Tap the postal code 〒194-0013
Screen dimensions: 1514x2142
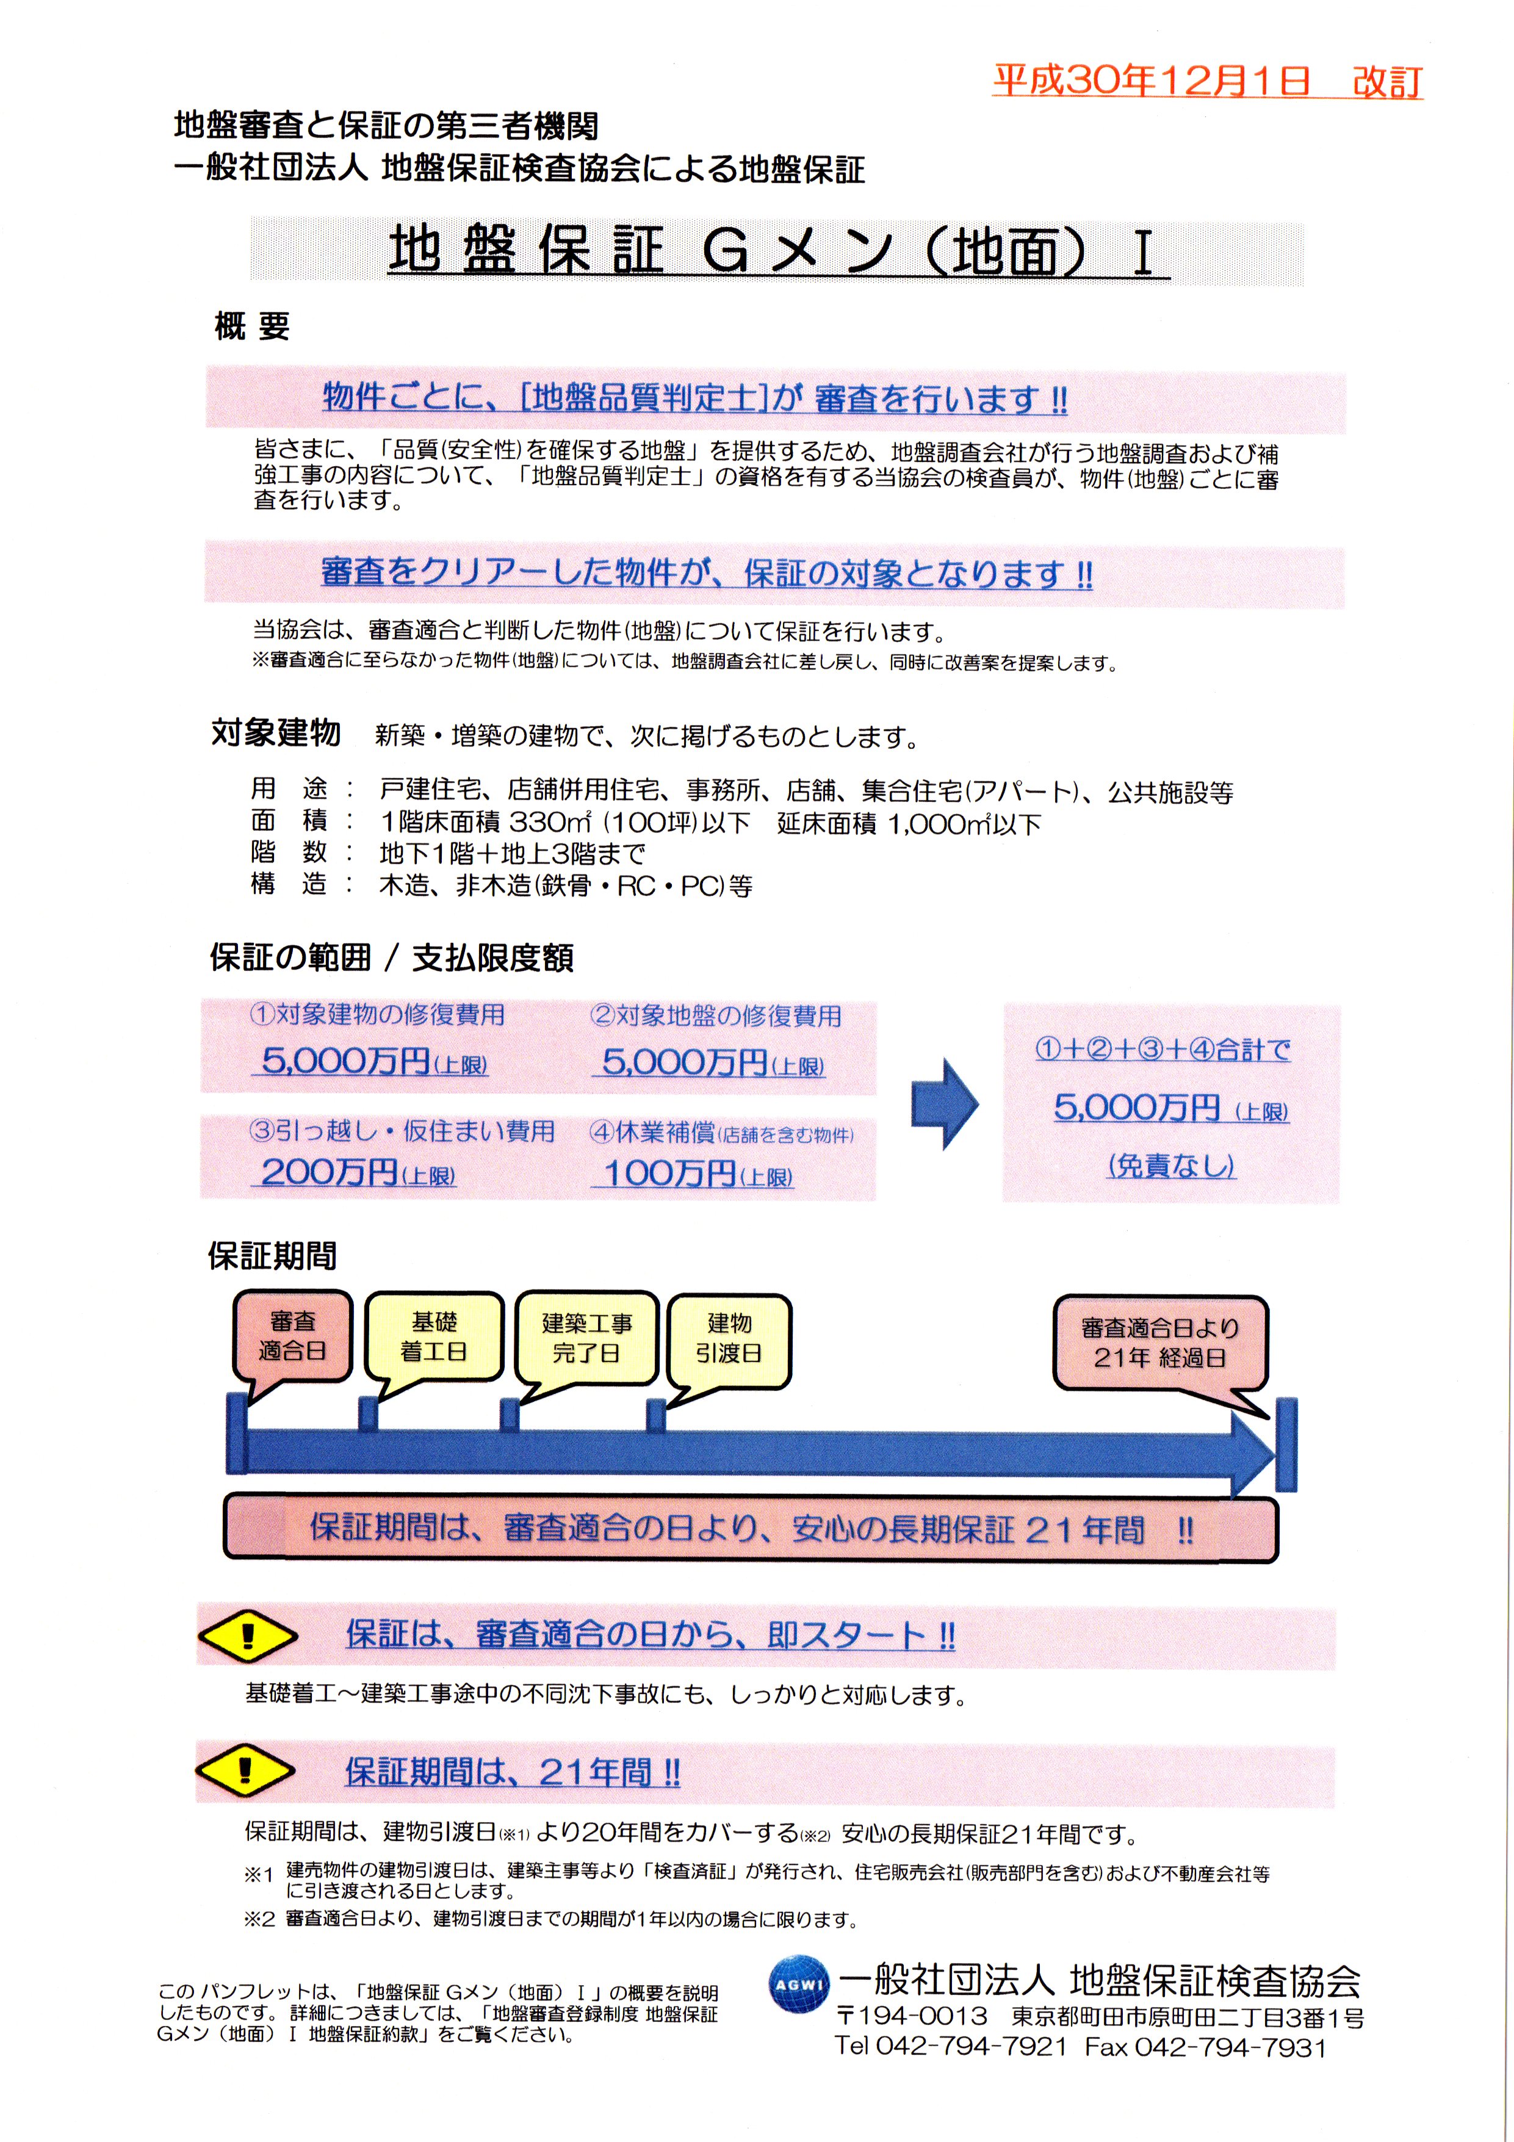[910, 2042]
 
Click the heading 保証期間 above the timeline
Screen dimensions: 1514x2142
[272, 1257]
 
